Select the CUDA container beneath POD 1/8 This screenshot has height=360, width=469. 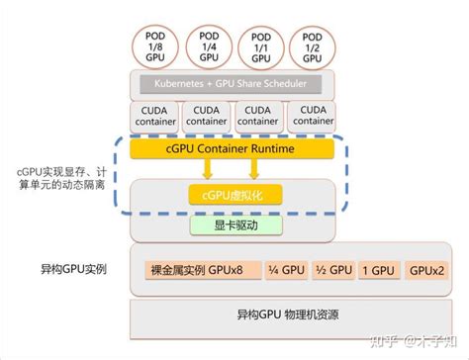(x=155, y=115)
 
